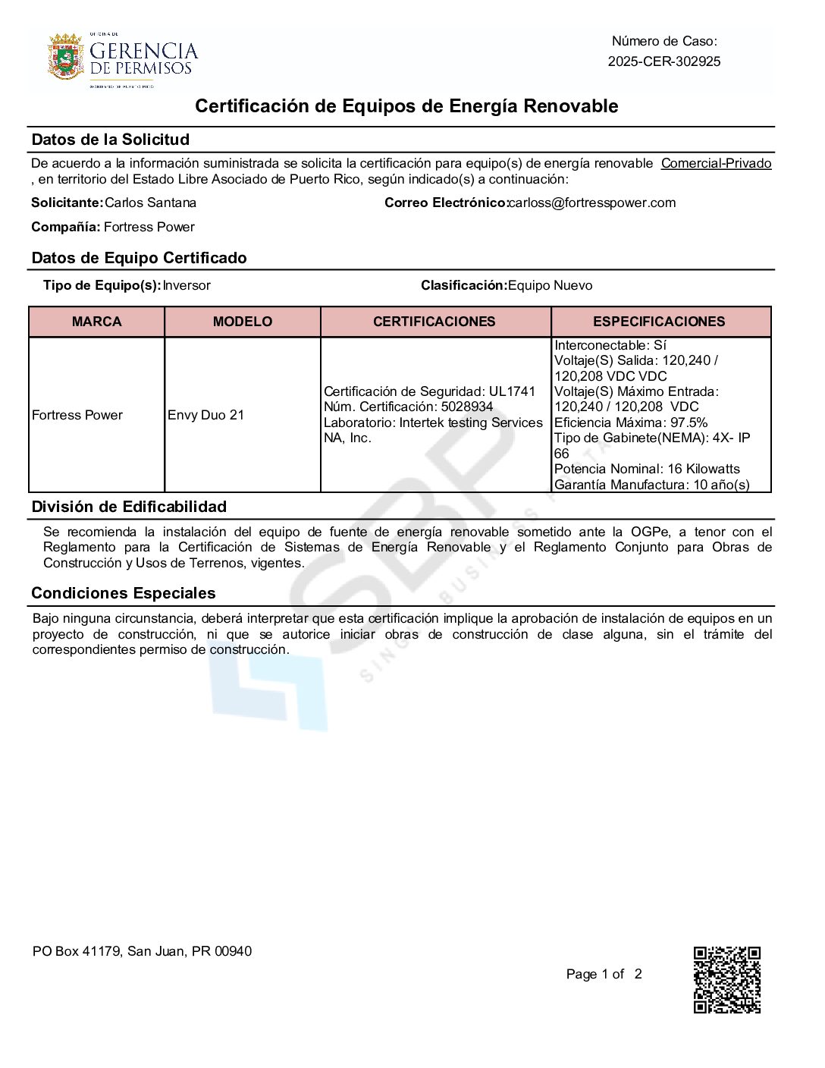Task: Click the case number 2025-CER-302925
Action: point(663,61)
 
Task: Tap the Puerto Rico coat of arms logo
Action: point(65,57)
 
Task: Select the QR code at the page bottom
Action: point(726,979)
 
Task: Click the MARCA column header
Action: point(96,322)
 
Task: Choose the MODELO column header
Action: point(242,322)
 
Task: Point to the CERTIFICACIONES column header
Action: point(434,322)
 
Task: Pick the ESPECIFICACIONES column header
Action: point(659,322)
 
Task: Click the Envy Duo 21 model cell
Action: point(205,415)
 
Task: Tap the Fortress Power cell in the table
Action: point(77,415)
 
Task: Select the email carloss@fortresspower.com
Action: point(592,203)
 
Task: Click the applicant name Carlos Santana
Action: point(150,203)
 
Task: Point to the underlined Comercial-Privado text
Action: point(716,163)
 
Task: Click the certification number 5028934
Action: point(467,407)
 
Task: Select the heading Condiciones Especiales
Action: point(123,593)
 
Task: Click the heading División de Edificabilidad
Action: point(129,507)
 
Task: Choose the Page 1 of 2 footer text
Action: point(604,974)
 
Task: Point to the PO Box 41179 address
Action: point(142,951)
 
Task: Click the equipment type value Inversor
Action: point(187,285)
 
